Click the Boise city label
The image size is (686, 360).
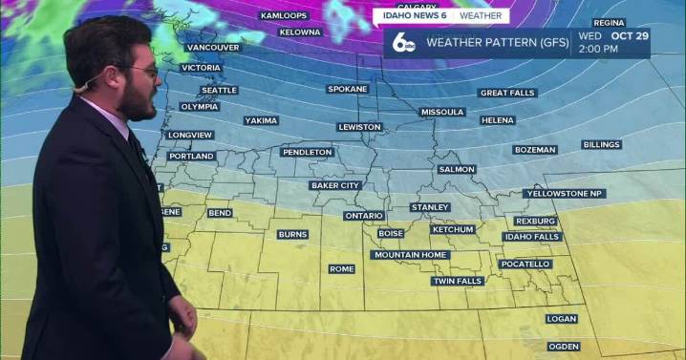point(391,233)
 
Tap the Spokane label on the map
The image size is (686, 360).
point(348,89)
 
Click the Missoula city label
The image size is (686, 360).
point(442,112)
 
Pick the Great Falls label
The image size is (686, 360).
point(507,93)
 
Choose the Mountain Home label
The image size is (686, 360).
point(410,255)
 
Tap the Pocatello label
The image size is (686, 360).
point(525,264)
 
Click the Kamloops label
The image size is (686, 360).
point(284,16)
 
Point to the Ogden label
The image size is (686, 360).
point(563,346)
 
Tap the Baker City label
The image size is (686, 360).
point(335,185)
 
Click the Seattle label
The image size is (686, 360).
point(219,91)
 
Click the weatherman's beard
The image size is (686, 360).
point(139,100)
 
